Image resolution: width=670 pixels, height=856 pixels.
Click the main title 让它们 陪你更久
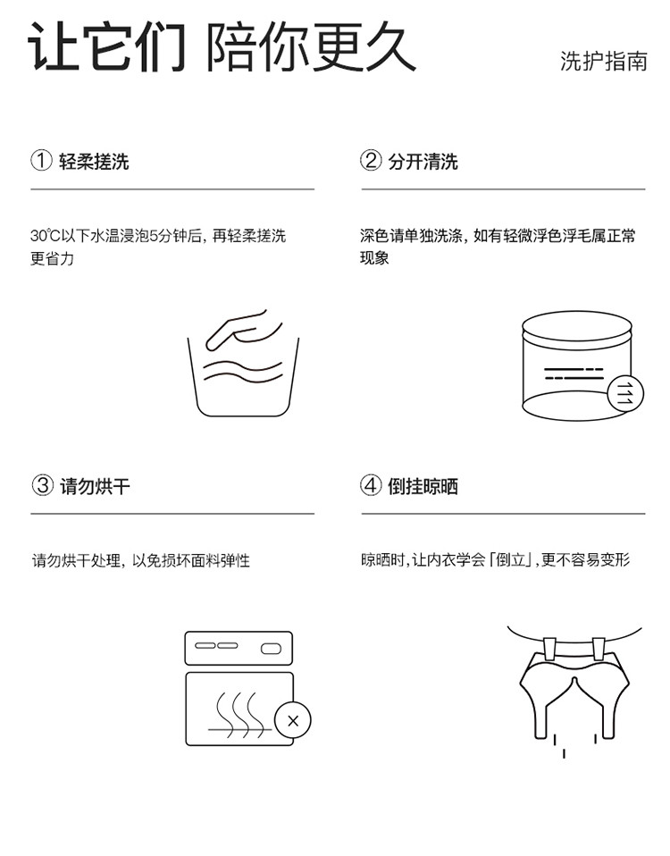point(222,46)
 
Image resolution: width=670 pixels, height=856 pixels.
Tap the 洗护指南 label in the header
point(603,61)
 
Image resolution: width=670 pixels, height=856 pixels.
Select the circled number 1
point(41,161)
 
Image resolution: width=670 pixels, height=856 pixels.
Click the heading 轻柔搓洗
point(94,162)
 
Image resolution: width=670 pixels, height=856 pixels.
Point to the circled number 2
point(371,161)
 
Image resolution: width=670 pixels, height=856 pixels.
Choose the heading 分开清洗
point(423,162)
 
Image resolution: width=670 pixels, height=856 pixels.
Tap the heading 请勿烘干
point(95,486)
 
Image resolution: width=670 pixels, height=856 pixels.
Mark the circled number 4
point(371,485)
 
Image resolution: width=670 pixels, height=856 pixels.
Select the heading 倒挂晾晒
point(423,486)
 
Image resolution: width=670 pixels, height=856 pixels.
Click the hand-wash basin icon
point(243,363)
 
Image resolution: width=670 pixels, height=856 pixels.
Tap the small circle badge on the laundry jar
point(625,394)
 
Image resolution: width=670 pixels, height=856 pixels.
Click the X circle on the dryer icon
point(292,720)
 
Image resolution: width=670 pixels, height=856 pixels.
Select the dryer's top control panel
point(239,649)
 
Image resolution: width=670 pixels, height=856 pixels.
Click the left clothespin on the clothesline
point(549,649)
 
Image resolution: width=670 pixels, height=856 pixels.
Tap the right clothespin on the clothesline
point(599,649)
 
